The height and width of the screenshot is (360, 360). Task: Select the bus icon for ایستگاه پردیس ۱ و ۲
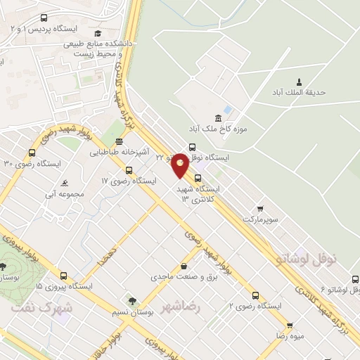click(x=44, y=18)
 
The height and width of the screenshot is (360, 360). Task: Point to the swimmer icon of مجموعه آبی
click(x=65, y=183)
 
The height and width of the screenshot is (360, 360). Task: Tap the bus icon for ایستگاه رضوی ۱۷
click(x=128, y=169)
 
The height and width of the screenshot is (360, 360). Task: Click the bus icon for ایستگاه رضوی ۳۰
click(x=32, y=153)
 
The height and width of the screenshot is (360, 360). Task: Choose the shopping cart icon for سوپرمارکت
click(x=260, y=209)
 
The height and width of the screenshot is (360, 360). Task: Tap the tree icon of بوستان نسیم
click(x=131, y=301)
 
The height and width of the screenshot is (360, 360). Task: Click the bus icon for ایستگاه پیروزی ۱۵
click(x=64, y=276)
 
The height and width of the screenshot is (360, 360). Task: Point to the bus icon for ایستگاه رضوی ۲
click(x=255, y=295)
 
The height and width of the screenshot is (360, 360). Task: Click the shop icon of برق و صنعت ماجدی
click(x=184, y=266)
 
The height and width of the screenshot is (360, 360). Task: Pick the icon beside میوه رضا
click(x=290, y=326)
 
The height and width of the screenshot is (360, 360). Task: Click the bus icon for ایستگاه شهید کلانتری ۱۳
click(x=198, y=178)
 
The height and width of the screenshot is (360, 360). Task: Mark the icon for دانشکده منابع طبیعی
click(x=98, y=32)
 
